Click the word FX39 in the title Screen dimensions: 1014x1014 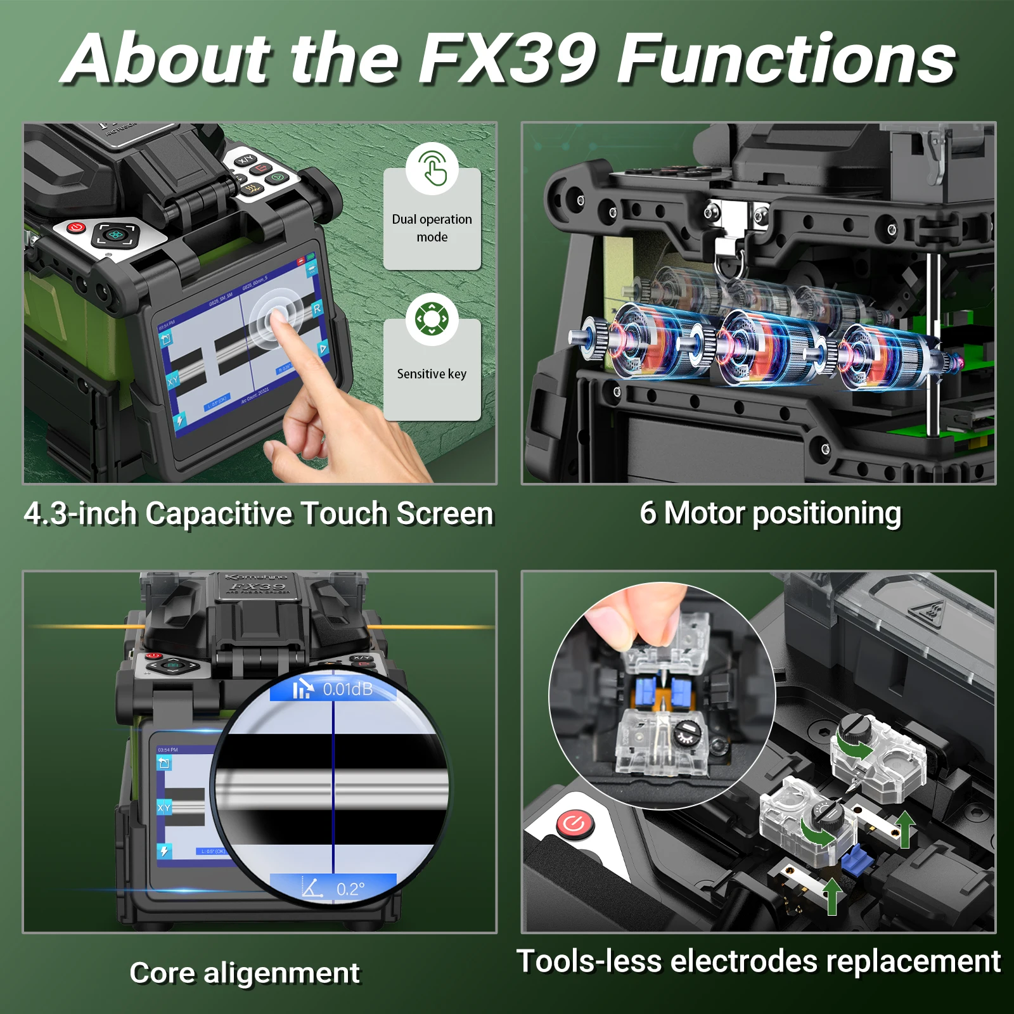point(507,58)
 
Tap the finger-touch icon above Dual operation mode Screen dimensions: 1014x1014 point(432,168)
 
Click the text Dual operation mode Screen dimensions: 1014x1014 point(432,228)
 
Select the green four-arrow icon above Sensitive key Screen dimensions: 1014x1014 point(432,319)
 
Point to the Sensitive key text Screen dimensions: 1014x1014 point(432,374)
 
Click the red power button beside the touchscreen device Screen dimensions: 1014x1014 point(76,227)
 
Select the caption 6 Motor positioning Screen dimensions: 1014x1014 point(770,513)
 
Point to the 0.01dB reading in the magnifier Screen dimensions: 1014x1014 point(347,689)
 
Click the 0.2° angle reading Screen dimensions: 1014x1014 point(350,889)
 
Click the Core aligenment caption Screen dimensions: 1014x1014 point(245,973)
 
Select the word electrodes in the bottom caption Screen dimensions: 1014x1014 point(745,961)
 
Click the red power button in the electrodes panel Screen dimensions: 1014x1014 point(575,824)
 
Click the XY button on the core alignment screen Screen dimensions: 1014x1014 point(164,807)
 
